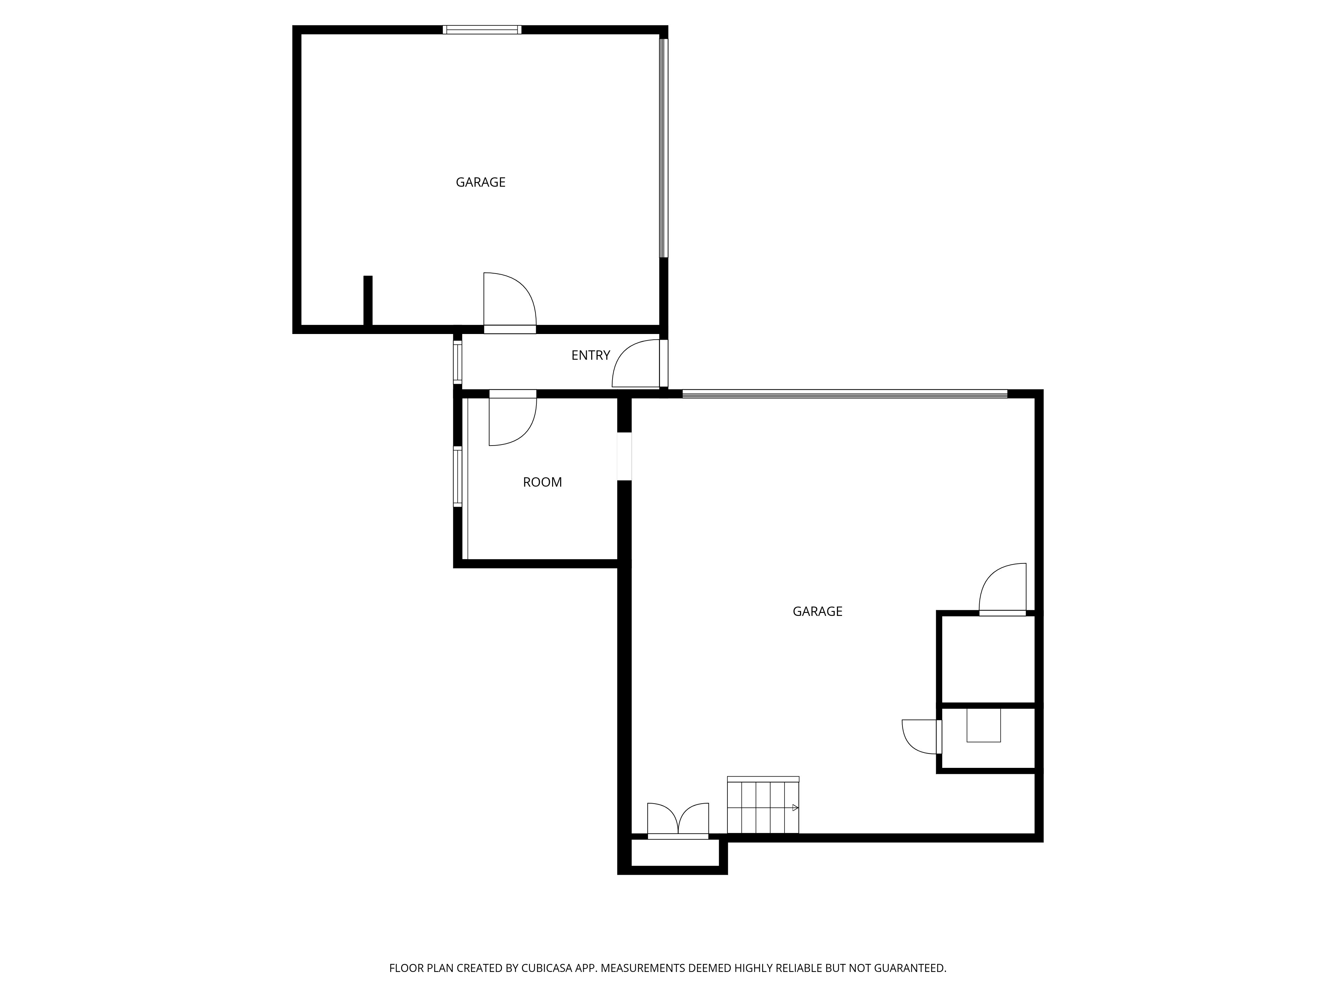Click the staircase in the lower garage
pyautogui.click(x=763, y=805)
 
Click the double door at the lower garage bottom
pyautogui.click(x=678, y=820)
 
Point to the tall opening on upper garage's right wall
pyautogui.click(x=664, y=148)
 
